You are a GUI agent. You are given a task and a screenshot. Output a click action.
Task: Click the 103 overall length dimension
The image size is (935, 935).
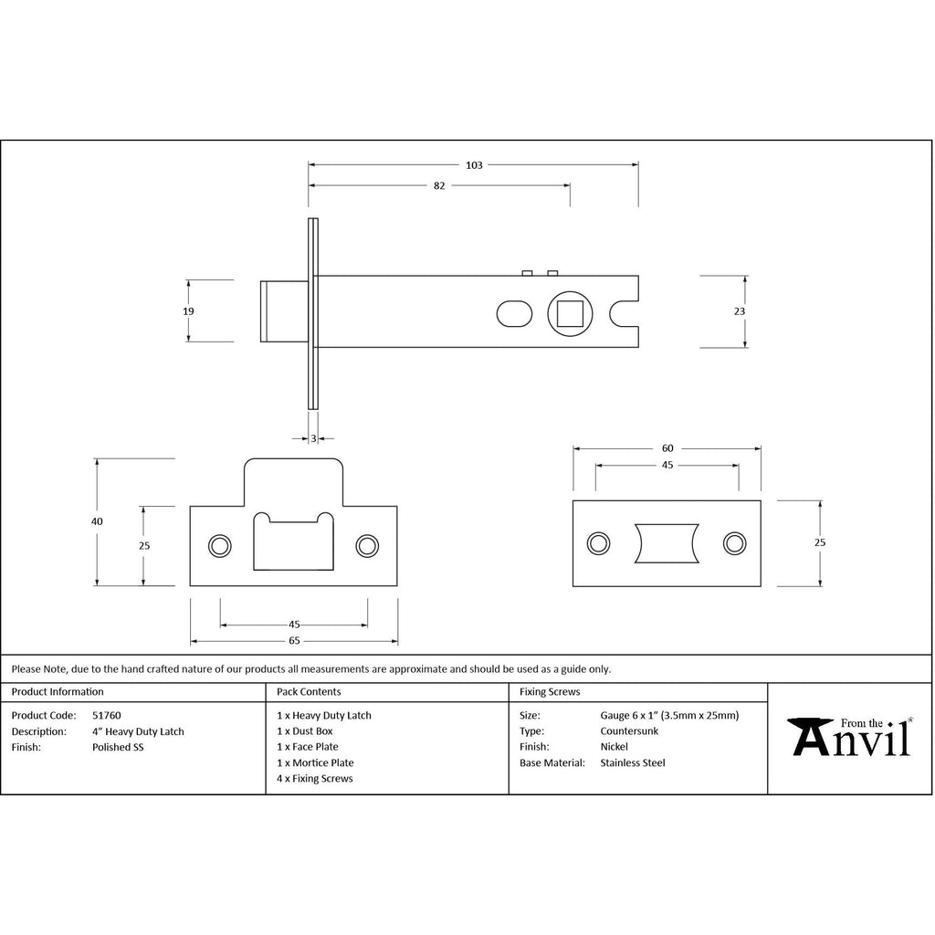click(x=474, y=165)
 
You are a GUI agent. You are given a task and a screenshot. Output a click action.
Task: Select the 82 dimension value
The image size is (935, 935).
click(x=439, y=186)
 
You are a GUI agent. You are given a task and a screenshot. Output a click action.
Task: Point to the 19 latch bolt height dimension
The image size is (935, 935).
click(x=188, y=311)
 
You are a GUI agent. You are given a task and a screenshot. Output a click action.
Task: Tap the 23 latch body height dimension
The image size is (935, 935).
click(x=740, y=311)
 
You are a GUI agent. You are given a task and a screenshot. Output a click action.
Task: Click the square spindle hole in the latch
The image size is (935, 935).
click(x=570, y=314)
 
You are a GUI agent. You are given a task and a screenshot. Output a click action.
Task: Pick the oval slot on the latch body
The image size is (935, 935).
click(x=514, y=314)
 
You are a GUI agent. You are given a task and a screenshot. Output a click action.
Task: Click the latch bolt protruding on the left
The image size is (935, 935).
click(x=285, y=311)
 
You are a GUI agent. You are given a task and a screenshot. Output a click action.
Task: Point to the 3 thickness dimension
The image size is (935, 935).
click(x=314, y=439)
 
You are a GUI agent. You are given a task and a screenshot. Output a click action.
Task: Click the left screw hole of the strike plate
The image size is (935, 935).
click(x=220, y=546)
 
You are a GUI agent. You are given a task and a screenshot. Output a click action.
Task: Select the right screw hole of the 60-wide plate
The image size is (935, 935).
click(x=734, y=543)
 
